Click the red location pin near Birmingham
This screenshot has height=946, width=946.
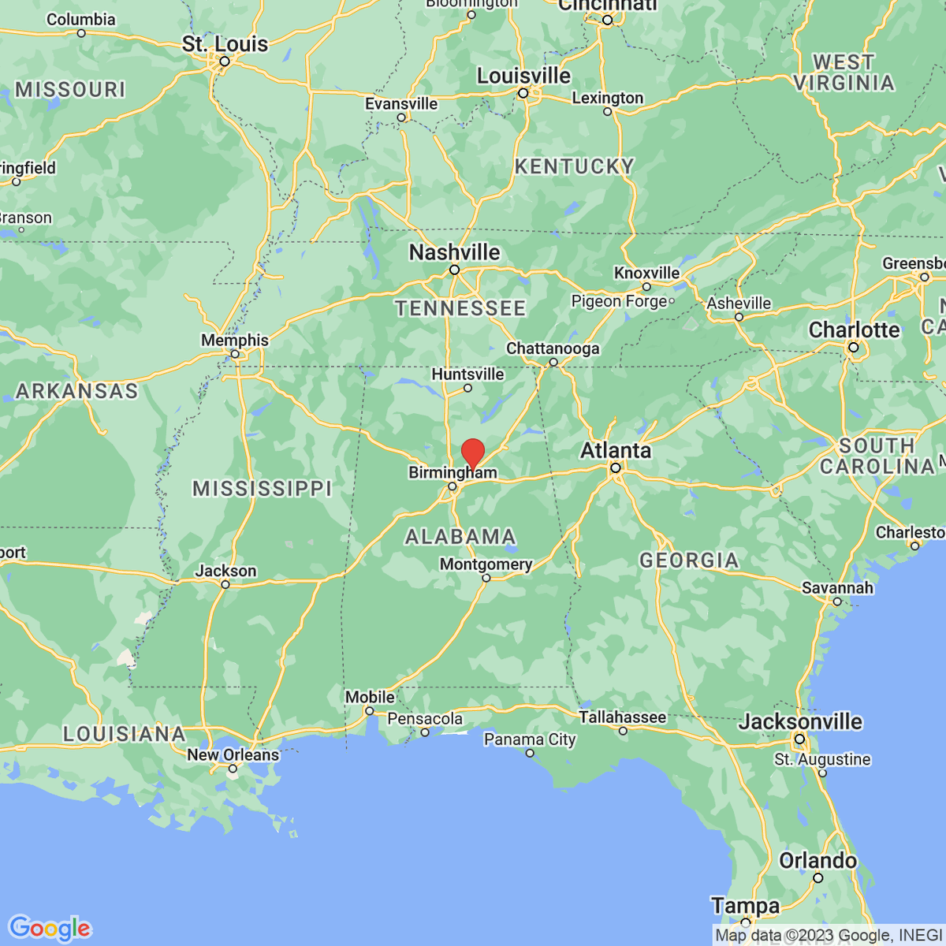pos(472,453)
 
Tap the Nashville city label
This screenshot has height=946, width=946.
pos(454,252)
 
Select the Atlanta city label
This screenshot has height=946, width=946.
pos(616,450)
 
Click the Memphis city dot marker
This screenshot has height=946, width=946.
pos(235,354)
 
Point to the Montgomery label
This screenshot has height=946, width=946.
pos(486,564)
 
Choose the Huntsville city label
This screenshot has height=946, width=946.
pos(467,374)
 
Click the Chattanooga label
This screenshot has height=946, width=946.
pos(553,348)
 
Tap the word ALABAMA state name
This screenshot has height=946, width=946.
pos(460,537)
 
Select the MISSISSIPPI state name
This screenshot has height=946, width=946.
pos(263,489)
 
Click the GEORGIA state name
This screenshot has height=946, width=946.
pos(689,561)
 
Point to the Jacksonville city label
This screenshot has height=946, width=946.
pos(800,721)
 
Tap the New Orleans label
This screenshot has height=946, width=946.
pos(233,754)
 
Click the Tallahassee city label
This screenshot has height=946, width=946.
pos(622,717)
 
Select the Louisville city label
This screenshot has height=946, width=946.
pos(523,76)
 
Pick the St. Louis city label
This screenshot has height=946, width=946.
pos(225,44)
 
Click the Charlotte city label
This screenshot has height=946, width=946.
pos(854,330)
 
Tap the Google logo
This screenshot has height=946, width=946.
pos(49,928)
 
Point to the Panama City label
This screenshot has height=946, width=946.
pos(530,739)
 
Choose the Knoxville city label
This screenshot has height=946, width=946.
pos(646,273)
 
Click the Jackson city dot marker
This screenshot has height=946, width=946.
pos(225,584)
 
